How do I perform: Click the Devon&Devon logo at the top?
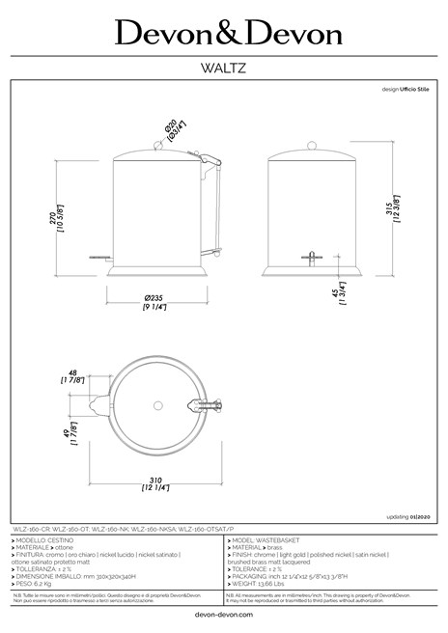pyautogui.click(x=229, y=34)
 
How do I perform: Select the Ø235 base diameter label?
pyautogui.click(x=154, y=299)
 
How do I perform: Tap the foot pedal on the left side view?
pyautogui.click(x=97, y=258)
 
